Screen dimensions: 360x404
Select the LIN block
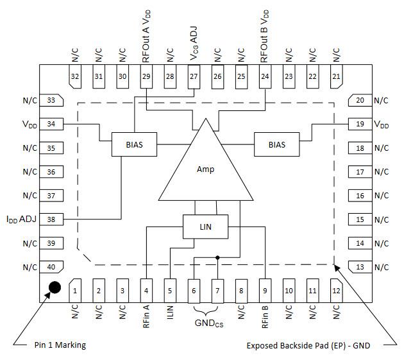[x=205, y=226]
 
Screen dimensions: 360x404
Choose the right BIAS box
[x=277, y=144]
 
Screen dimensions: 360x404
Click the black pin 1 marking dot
[x=55, y=287]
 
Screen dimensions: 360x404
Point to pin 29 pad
[x=146, y=76]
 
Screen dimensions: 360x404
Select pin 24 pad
[x=264, y=76]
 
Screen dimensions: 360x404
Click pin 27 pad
[x=194, y=76]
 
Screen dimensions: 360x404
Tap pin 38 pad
[x=51, y=219]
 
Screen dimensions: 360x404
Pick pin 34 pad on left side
[x=51, y=124]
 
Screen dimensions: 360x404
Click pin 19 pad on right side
[x=360, y=124]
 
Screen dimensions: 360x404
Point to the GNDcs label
[x=206, y=323]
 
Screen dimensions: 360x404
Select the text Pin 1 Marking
[x=60, y=345]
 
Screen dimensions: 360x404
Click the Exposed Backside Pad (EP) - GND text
[x=308, y=345]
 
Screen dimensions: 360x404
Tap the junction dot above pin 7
[x=217, y=257]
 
